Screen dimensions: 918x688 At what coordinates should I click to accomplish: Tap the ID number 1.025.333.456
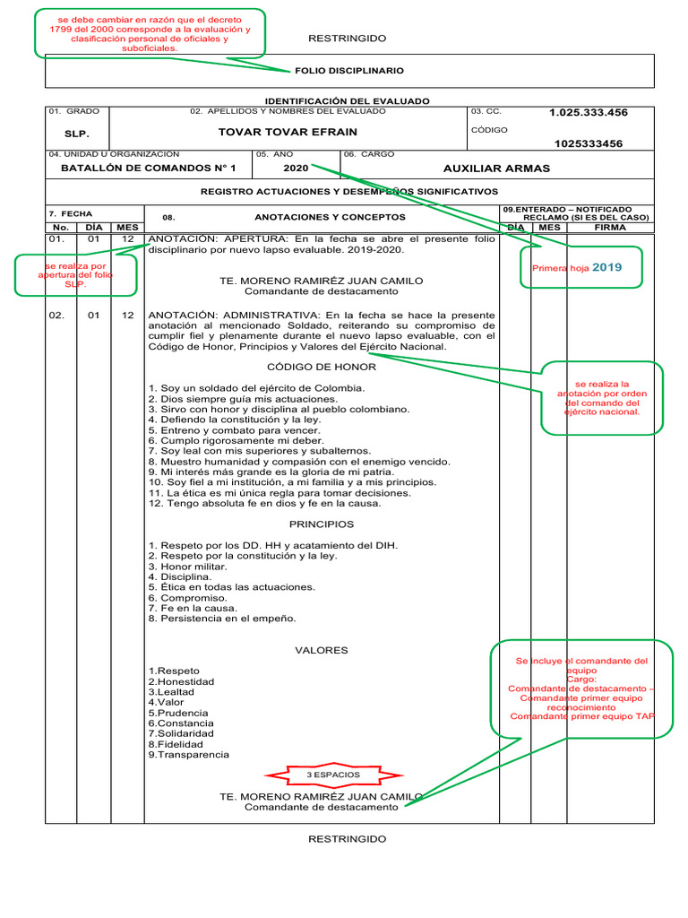coord(588,113)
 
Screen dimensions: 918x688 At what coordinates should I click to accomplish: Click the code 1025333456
coord(589,143)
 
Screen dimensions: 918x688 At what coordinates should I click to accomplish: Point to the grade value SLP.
coord(76,134)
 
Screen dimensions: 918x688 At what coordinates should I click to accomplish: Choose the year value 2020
coord(296,168)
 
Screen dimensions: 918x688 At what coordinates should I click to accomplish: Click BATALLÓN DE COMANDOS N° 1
coord(148,168)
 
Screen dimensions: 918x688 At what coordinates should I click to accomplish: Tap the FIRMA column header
coord(610,228)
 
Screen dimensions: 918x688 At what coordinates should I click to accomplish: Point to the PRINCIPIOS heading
coord(322,524)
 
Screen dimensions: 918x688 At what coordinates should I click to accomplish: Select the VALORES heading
coord(322,650)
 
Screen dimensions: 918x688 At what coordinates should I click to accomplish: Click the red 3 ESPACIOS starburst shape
coord(333,774)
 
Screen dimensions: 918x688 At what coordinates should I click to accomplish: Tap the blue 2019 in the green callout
coord(606,268)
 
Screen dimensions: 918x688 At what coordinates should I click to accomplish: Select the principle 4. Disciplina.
coord(180,577)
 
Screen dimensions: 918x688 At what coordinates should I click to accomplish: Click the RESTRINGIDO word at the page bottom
coord(348,839)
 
